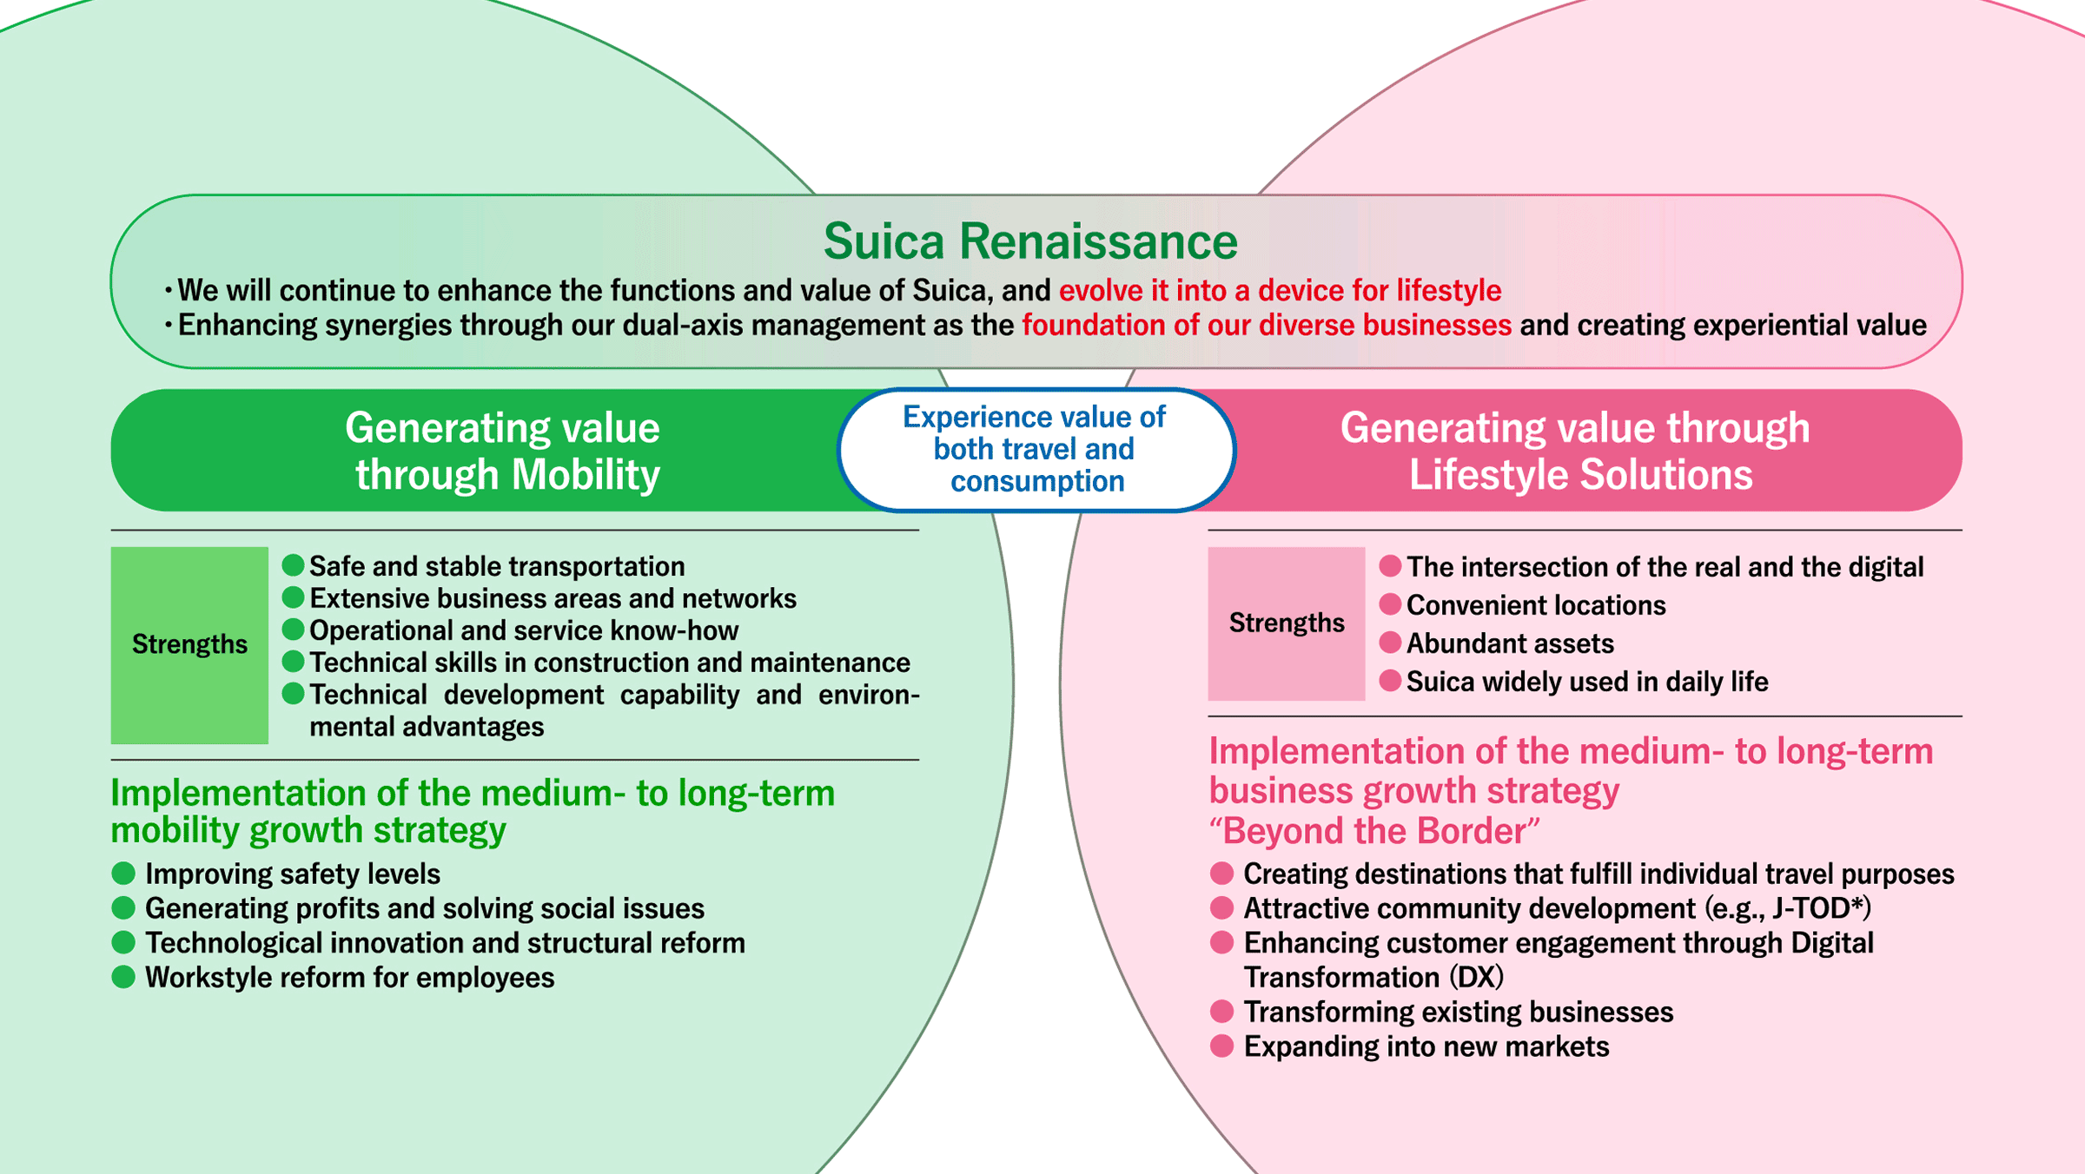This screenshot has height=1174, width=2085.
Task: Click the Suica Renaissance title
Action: (x=1030, y=241)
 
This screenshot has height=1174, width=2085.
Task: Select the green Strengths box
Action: (x=189, y=644)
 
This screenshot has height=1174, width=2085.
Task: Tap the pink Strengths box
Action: (x=1286, y=623)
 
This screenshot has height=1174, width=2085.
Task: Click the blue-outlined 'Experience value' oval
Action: (x=1036, y=449)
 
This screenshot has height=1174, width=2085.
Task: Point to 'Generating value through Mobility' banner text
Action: (x=504, y=451)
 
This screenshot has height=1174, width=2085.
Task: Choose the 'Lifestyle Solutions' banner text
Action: (x=1580, y=475)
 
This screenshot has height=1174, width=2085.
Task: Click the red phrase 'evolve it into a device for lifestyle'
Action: (x=1280, y=290)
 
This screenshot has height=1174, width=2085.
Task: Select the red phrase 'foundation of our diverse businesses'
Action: (x=1266, y=325)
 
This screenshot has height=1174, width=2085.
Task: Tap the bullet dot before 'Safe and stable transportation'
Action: (x=293, y=565)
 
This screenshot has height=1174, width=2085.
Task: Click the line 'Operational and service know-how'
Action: (x=523, y=630)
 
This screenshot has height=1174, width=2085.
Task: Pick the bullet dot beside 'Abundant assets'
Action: (x=1390, y=643)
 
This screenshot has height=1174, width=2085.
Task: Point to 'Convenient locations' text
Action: (x=1535, y=605)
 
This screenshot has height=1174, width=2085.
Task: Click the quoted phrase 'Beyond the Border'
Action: (x=1374, y=831)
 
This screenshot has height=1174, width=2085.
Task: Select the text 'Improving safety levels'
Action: (x=292, y=874)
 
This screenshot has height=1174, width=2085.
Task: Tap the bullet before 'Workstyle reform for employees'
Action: (x=123, y=977)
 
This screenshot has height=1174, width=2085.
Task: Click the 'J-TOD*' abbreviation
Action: (x=1818, y=908)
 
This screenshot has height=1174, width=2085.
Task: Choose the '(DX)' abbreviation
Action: (x=1476, y=977)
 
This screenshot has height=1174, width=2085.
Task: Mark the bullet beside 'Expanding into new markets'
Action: (x=1221, y=1046)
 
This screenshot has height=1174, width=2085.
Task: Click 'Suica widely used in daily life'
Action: (x=1586, y=682)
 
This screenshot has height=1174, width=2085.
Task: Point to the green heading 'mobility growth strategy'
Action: (x=308, y=831)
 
